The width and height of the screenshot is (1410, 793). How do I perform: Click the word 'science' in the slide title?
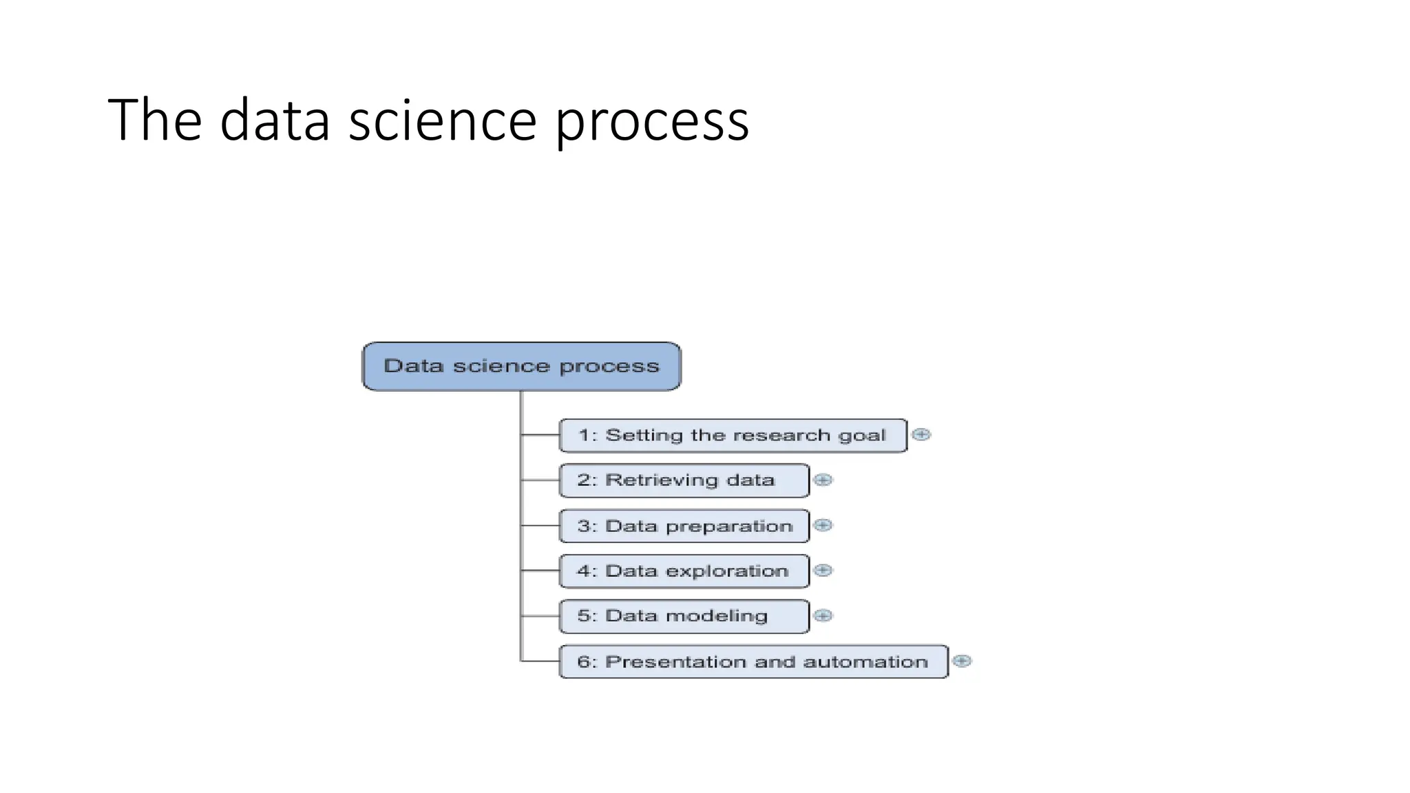(442, 121)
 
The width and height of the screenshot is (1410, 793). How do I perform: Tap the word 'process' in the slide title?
(651, 121)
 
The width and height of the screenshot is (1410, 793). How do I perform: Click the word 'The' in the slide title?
(155, 121)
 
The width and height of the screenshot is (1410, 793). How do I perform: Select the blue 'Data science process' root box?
(521, 366)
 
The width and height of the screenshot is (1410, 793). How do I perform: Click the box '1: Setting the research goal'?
(733, 436)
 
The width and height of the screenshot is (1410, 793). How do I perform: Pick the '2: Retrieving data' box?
(684, 480)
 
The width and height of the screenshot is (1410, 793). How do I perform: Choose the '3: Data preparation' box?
(684, 526)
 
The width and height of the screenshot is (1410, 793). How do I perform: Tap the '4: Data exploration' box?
(684, 571)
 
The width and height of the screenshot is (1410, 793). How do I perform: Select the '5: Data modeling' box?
(684, 616)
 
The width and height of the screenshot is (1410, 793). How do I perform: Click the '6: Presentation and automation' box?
(753, 662)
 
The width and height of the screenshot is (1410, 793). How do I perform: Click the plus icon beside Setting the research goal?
(921, 434)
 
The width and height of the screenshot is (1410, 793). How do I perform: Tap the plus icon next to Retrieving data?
(823, 480)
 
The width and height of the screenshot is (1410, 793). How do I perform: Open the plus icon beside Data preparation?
(823, 525)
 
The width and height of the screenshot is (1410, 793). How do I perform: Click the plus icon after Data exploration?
(823, 570)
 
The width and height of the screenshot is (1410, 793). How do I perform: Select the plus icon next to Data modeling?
(823, 615)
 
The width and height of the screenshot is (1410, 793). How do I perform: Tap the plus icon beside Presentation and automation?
(962, 661)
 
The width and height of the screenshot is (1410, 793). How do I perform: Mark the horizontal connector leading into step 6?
(540, 662)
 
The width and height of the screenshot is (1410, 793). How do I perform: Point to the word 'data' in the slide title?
(275, 121)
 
